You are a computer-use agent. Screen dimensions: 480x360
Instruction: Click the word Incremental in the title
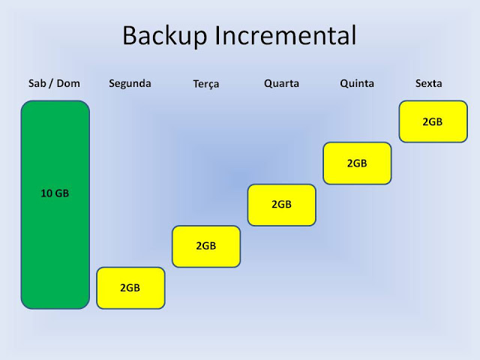tap(286, 35)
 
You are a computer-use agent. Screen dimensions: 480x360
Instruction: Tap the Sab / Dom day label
tap(54, 83)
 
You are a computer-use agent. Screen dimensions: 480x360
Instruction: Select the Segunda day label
tap(130, 84)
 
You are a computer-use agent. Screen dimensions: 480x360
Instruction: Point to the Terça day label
tap(206, 84)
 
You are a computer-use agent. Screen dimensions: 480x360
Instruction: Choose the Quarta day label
tap(282, 83)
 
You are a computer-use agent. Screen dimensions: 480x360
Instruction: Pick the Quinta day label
tap(357, 83)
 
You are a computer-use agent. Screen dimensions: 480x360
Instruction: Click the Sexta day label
tap(428, 83)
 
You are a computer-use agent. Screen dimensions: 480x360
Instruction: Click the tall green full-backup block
tap(55, 205)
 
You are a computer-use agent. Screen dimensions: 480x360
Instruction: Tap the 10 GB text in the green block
tap(55, 193)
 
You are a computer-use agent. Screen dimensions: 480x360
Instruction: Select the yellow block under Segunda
tap(130, 288)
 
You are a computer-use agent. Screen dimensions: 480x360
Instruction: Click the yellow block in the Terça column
tap(206, 247)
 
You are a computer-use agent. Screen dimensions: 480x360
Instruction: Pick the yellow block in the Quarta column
tap(282, 205)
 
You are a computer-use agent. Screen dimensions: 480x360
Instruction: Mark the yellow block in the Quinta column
tap(357, 163)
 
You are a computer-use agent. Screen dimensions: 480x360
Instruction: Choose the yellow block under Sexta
tap(433, 121)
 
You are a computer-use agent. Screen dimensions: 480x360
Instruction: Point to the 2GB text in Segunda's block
tap(130, 288)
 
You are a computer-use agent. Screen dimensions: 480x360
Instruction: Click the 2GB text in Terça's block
tap(206, 246)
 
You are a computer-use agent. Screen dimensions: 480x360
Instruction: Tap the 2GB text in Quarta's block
tap(281, 204)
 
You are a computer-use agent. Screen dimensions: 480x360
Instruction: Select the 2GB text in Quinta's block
tap(357, 163)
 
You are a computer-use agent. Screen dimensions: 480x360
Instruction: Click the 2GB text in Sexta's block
tap(433, 121)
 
